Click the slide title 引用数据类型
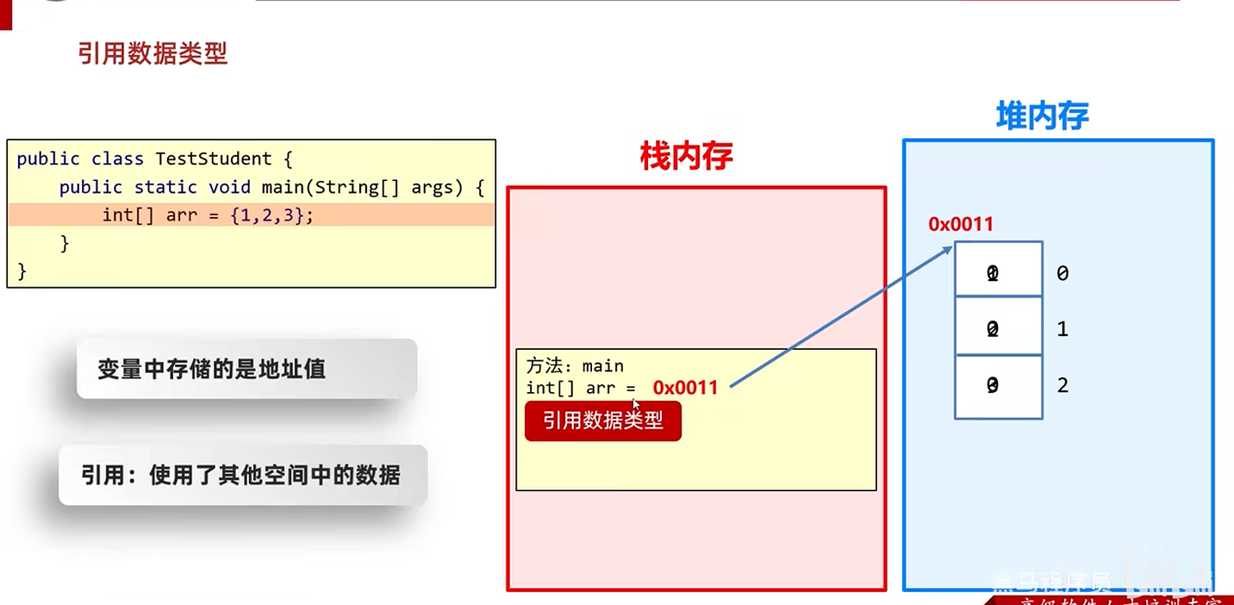tap(153, 54)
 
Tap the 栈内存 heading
tap(686, 156)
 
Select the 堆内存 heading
tap(1042, 116)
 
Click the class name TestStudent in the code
tap(213, 159)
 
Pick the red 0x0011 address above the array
tap(961, 225)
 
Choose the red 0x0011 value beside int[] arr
tap(685, 388)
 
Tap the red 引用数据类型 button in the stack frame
tap(603, 421)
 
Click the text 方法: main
tap(575, 365)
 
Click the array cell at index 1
tap(998, 327)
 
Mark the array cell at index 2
tap(998, 386)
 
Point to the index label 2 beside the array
tap(1063, 385)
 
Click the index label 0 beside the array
tap(1063, 273)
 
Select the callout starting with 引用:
tap(242, 475)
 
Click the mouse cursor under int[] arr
tap(636, 403)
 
